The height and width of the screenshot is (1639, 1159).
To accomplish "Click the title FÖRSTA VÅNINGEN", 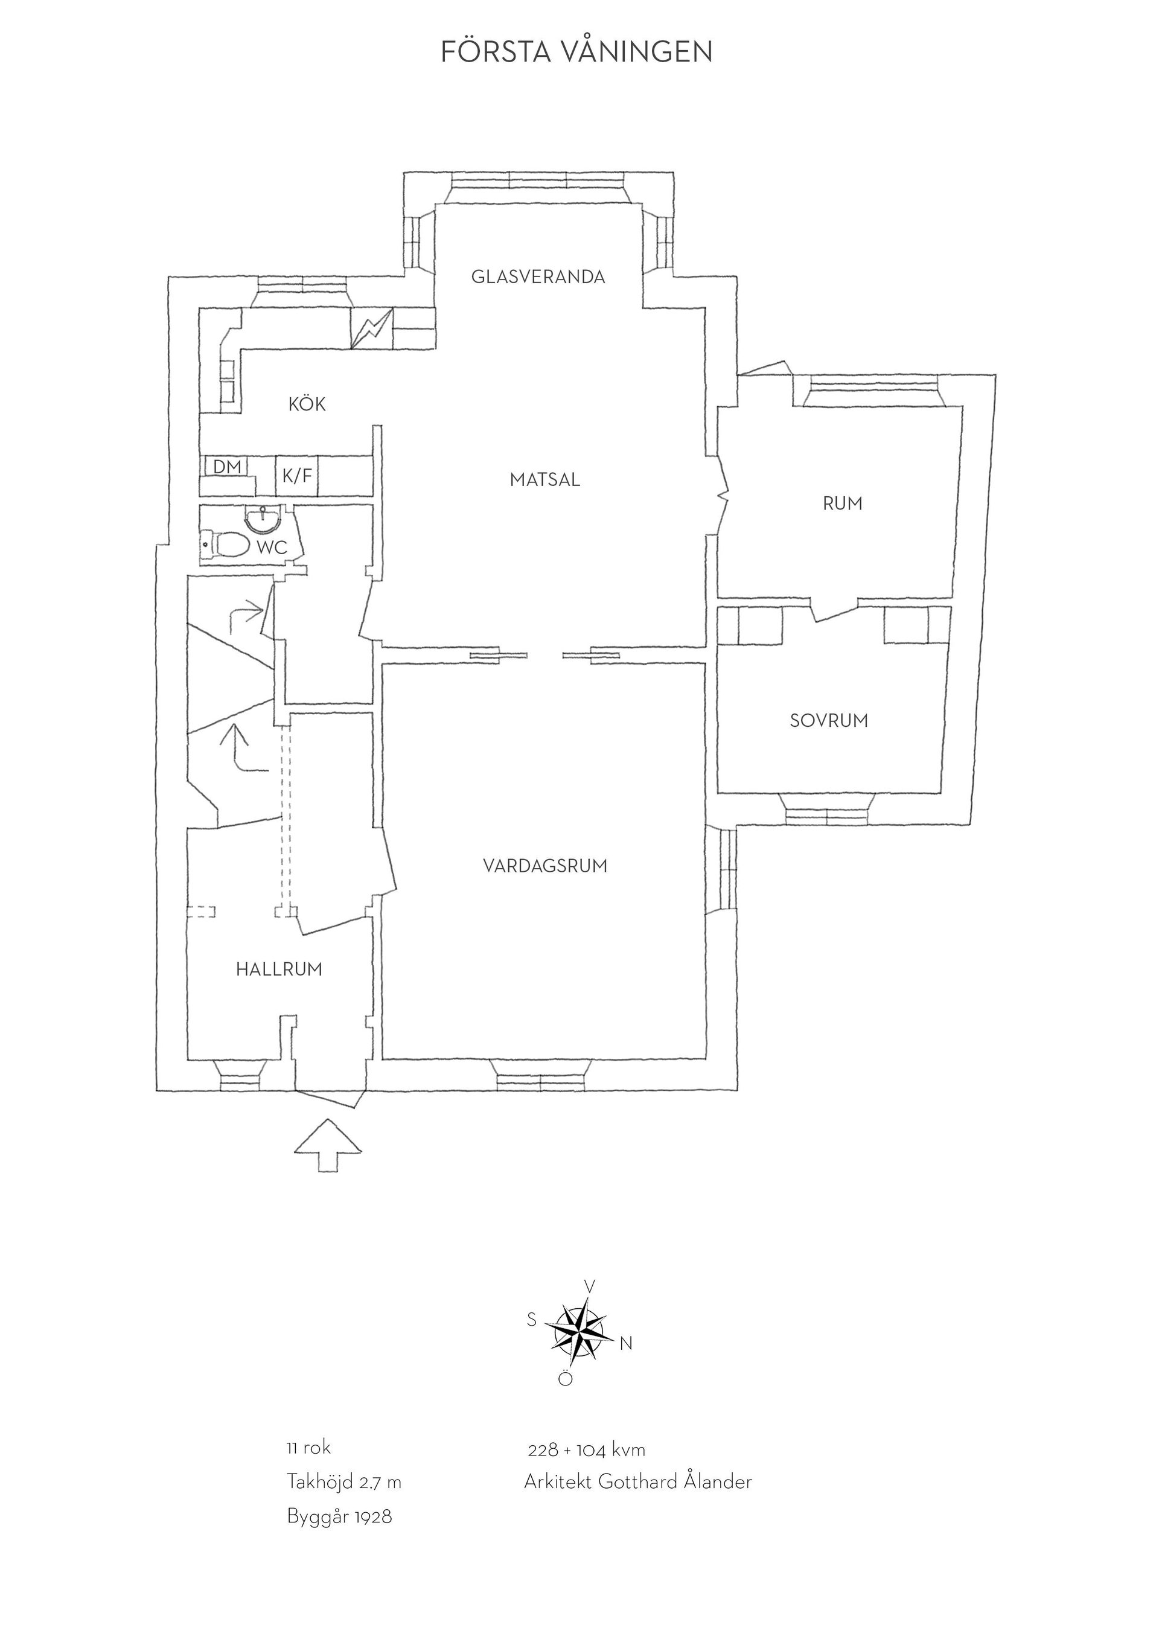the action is click(x=576, y=51).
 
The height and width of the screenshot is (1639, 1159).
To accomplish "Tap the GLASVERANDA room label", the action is click(x=538, y=277).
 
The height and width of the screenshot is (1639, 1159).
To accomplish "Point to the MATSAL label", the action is click(x=545, y=480).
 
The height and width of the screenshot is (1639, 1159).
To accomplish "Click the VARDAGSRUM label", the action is click(x=545, y=866).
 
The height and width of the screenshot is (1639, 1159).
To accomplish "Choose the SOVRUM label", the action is click(x=829, y=720).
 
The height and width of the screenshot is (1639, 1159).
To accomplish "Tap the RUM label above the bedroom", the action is click(x=842, y=503).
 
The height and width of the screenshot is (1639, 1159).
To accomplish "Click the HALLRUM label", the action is click(x=279, y=970).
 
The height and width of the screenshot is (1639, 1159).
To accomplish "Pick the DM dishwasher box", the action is click(x=227, y=467).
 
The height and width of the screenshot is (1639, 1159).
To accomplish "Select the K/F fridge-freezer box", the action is click(x=297, y=476).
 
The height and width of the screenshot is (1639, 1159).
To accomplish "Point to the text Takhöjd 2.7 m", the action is click(x=344, y=1501).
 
